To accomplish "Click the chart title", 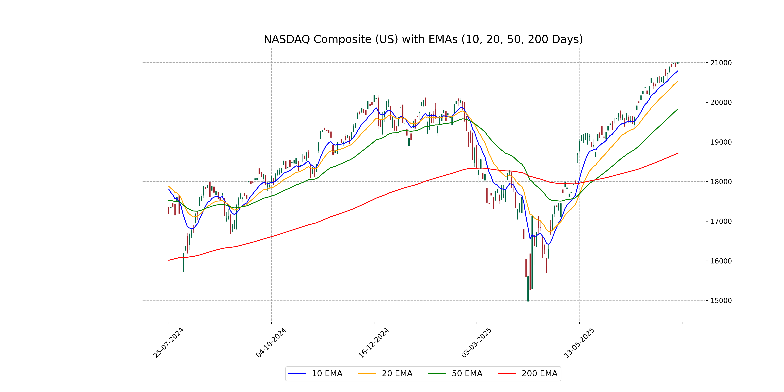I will (423, 39).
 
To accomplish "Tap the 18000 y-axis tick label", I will (721, 182).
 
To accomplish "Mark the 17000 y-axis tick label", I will (721, 221).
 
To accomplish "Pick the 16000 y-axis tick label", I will (721, 261).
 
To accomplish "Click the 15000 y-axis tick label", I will (721, 300).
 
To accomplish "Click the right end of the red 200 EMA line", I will (678, 153).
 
